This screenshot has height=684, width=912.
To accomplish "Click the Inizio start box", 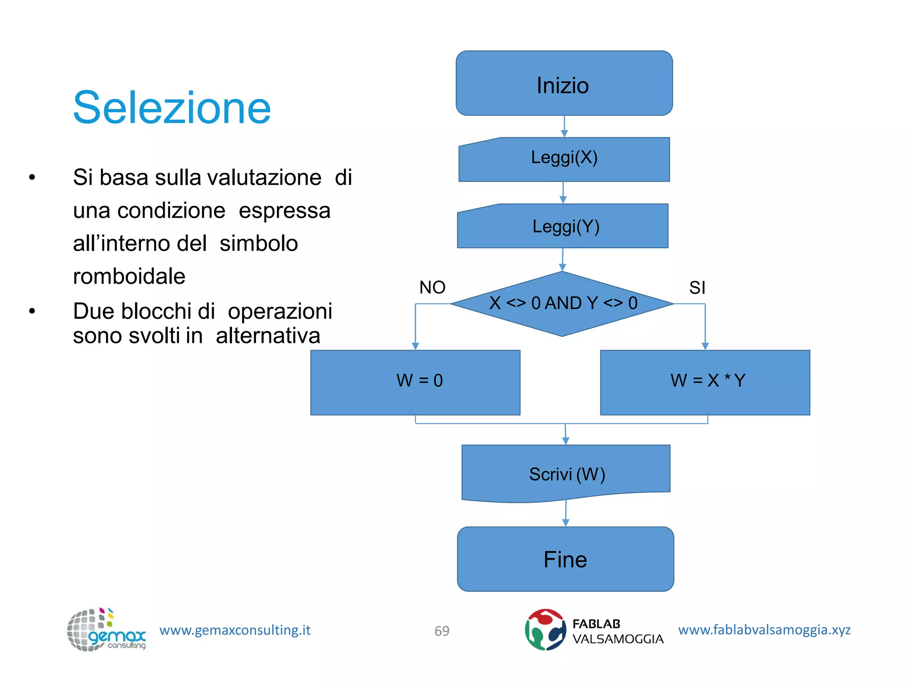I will pos(564,84).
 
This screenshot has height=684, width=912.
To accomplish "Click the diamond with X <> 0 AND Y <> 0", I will pos(562,304).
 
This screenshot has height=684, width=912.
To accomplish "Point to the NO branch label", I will pos(432,287).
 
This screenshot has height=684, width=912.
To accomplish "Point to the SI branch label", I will pos(697,288).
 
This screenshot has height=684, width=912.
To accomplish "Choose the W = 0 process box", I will pos(415,382).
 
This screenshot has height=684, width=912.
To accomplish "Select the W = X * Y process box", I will pos(705,382).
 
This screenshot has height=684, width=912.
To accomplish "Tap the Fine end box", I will pos(565,559).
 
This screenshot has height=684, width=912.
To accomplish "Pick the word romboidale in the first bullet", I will pos(129,276).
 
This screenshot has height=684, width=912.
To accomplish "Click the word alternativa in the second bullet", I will pos(268,335).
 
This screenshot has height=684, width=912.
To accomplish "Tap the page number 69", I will pos(442,631).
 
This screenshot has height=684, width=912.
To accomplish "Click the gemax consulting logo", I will pos(106,630).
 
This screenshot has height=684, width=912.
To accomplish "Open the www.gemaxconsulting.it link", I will pos(235,630).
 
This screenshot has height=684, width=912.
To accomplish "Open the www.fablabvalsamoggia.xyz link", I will pos(764,629).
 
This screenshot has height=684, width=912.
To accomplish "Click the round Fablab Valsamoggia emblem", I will pos(545,629).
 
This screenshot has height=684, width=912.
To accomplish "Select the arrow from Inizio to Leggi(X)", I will pos(564,126).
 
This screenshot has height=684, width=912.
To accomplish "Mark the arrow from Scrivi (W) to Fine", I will pos(566,513).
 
